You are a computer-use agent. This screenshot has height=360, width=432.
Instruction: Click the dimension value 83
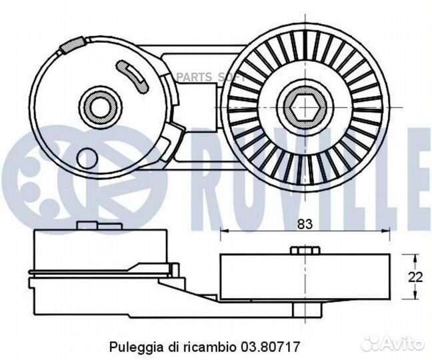[305, 225]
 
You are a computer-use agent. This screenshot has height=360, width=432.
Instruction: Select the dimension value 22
[417, 276]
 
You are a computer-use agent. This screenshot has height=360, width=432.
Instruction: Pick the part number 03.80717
[275, 347]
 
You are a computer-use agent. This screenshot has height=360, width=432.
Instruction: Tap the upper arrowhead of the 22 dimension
[413, 257]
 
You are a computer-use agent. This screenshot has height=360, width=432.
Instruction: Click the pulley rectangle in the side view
[305, 276]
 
